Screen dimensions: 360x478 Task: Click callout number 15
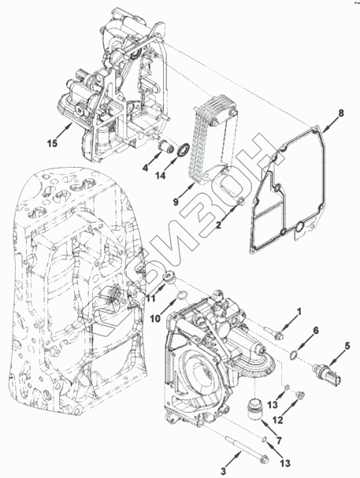coord(53,143)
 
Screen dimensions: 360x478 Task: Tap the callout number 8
coord(341,113)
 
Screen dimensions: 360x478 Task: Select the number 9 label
coord(176,202)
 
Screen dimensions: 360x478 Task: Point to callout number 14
coord(161,176)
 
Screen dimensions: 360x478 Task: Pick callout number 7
coord(279,440)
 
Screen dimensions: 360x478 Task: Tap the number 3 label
coord(224,471)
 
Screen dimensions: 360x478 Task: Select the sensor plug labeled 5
coord(327,372)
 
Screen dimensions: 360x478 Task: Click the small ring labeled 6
coord(293,354)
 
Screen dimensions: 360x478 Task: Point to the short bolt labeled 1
coord(274,333)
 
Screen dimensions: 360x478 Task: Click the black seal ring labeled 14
coord(184,151)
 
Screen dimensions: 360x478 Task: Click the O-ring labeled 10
coord(182,295)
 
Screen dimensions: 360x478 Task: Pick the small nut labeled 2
coord(241,201)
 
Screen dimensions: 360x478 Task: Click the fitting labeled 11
coord(169,277)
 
